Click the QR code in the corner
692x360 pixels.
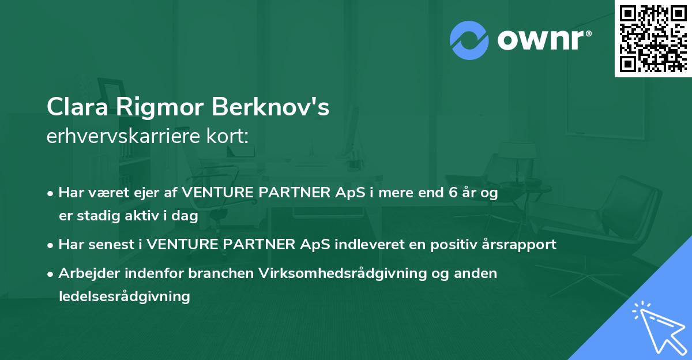click(653, 38)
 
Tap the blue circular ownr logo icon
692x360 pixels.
click(469, 40)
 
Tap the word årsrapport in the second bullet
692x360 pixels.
click(521, 245)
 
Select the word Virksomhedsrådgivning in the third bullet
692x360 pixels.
click(341, 273)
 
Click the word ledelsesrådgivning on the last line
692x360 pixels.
click(124, 297)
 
